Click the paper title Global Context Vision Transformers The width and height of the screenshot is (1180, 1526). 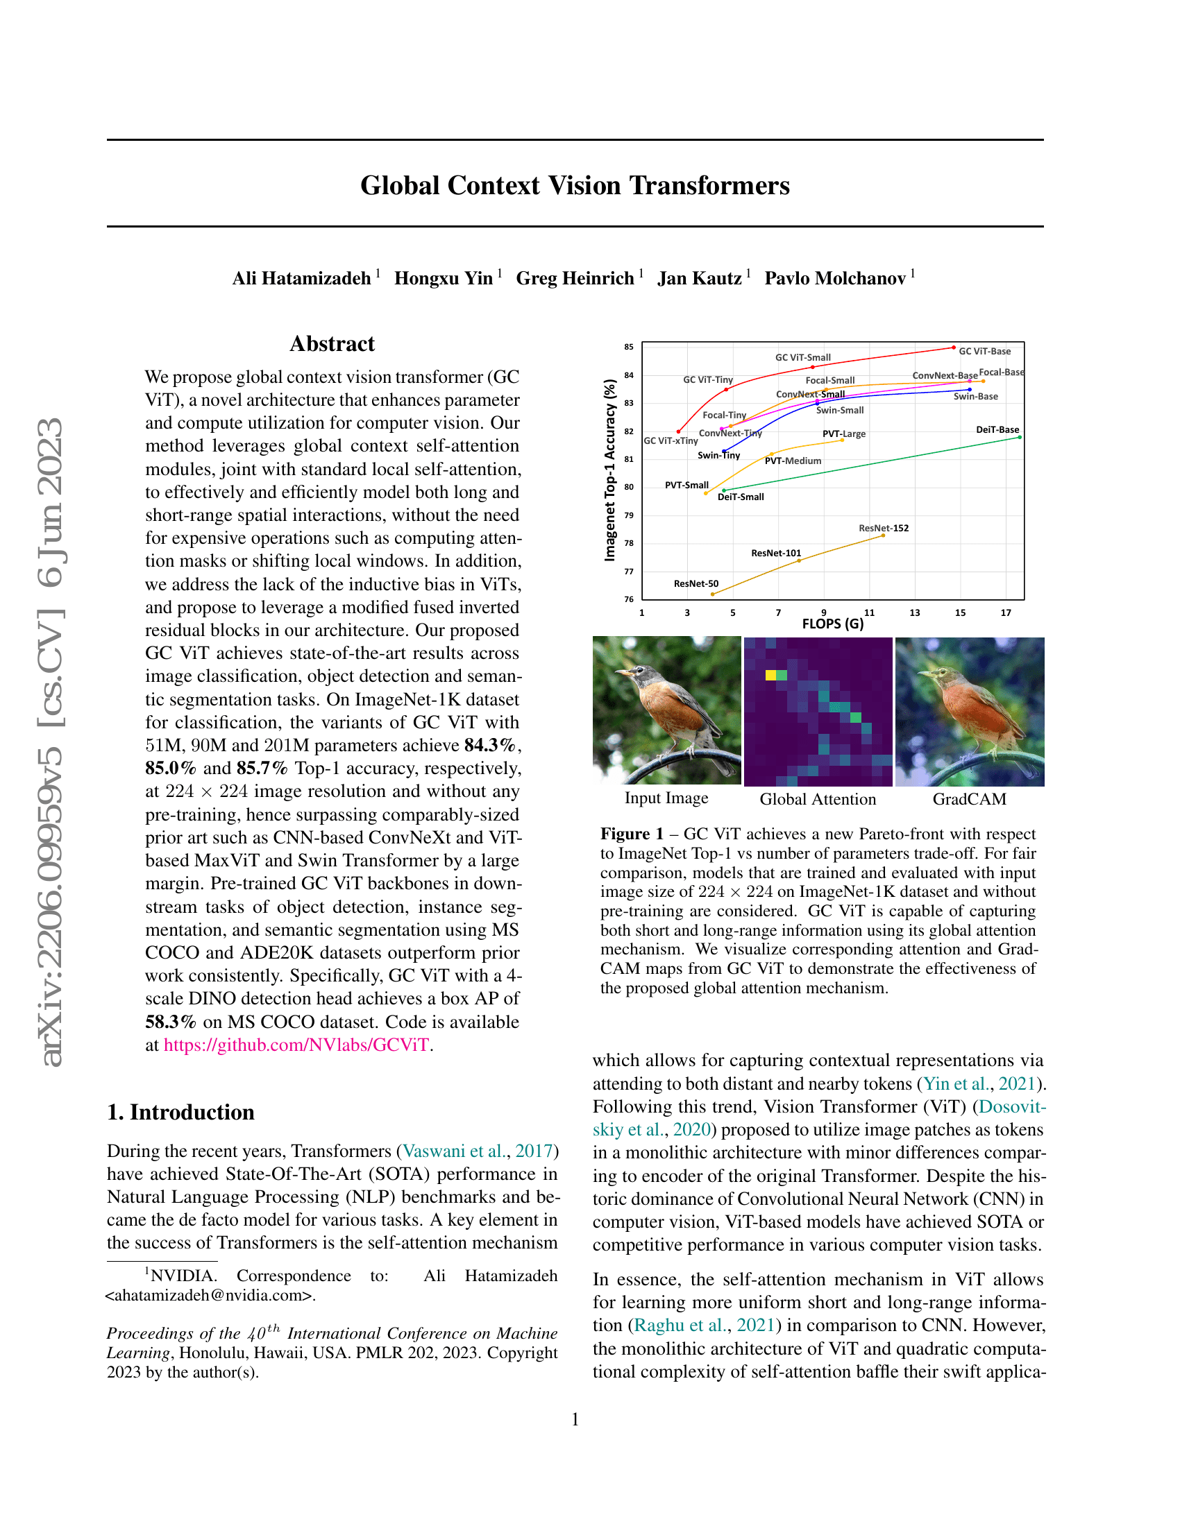click(575, 186)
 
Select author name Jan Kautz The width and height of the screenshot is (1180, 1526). click(699, 278)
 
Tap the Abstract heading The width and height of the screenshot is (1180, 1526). click(332, 344)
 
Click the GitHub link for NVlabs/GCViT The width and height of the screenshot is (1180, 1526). click(296, 1045)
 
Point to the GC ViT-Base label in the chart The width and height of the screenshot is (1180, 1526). click(984, 352)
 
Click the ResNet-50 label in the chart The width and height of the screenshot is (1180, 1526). click(696, 583)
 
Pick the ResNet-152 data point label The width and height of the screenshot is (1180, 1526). click(884, 529)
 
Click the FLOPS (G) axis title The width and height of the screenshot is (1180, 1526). click(832, 624)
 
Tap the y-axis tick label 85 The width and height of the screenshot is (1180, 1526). click(629, 347)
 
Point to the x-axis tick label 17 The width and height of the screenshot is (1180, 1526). click(1005, 612)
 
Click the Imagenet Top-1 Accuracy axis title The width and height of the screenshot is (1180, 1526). click(610, 470)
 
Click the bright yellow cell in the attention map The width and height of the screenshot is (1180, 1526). click(770, 675)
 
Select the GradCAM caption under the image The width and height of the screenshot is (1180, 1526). click(969, 799)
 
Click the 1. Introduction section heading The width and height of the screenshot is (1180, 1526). click(180, 1113)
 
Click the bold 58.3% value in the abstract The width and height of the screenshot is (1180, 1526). click(171, 1022)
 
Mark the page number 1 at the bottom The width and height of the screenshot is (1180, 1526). click(575, 1419)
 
